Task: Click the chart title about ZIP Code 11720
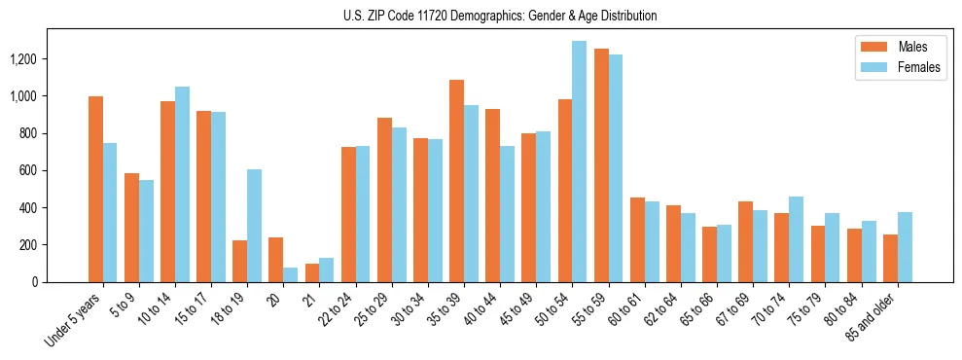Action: coord(500,16)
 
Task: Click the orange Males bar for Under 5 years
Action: coord(95,190)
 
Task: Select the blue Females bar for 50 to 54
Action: coord(579,162)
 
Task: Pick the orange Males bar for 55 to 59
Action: coord(601,165)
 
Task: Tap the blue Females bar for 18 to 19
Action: coord(254,226)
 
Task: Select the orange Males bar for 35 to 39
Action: coord(456,181)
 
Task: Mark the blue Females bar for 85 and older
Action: coord(905,247)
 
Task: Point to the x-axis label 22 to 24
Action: coord(339,309)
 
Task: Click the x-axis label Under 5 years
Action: coord(75,320)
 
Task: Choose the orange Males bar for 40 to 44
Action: coord(492,196)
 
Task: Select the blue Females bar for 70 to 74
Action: coord(796,239)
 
